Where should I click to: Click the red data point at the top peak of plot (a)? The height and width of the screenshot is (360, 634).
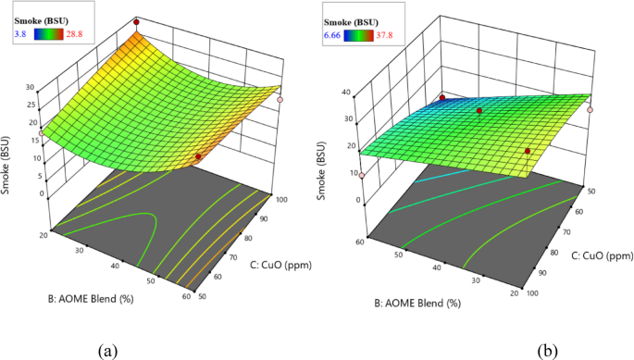click(136, 20)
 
